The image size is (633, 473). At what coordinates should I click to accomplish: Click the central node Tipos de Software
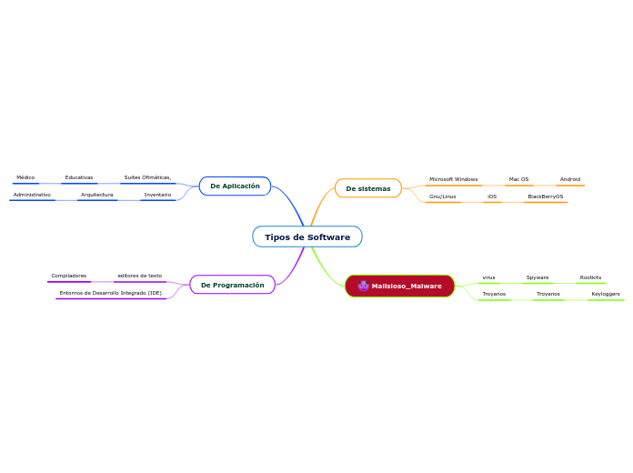(x=307, y=237)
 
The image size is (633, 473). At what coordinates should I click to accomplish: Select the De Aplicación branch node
(x=235, y=186)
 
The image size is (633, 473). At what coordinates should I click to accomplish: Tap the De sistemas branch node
(x=368, y=188)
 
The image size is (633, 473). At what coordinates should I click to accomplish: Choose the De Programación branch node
(x=232, y=285)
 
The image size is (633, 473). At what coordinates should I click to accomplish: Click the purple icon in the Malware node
(x=363, y=286)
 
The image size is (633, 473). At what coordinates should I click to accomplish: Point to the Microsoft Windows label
(x=453, y=179)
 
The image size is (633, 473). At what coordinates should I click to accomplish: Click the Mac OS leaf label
(x=518, y=179)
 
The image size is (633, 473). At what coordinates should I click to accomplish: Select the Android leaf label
(x=570, y=179)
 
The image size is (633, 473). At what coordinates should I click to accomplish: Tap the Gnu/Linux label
(x=443, y=196)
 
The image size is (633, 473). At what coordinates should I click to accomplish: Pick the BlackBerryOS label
(x=546, y=196)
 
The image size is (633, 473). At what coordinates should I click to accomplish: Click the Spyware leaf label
(x=538, y=277)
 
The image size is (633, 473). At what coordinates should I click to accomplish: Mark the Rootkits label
(x=590, y=277)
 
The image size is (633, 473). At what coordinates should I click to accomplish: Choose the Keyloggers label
(x=606, y=294)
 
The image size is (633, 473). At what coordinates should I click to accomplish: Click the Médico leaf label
(x=25, y=177)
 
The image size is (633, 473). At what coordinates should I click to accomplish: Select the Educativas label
(x=79, y=177)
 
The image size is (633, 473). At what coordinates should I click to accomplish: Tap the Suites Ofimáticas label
(x=147, y=177)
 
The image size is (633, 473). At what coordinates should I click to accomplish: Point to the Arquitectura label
(x=97, y=195)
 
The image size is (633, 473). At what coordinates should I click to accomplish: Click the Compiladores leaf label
(x=69, y=275)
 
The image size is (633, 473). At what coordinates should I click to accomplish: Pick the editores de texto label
(x=139, y=275)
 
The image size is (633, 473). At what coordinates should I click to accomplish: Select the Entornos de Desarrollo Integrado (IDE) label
(x=111, y=293)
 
